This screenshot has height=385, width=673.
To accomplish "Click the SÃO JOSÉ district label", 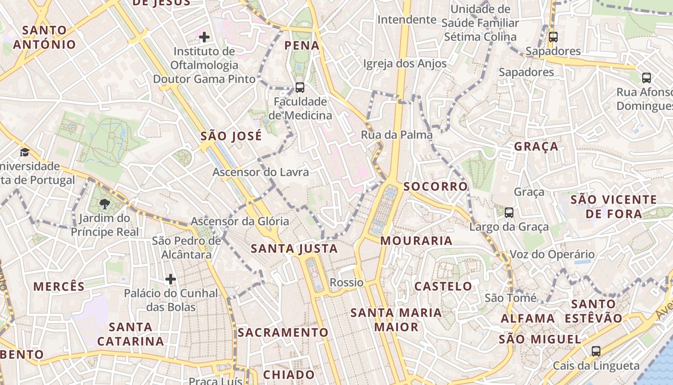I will pyautogui.click(x=231, y=136).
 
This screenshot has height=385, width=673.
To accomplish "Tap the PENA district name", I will pyautogui.click(x=302, y=46).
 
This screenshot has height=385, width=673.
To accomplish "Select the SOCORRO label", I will pyautogui.click(x=436, y=187).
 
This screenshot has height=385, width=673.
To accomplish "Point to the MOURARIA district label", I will pyautogui.click(x=416, y=241).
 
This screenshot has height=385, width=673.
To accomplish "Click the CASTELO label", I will pyautogui.click(x=443, y=286).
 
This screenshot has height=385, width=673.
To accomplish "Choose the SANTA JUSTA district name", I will pyautogui.click(x=294, y=249).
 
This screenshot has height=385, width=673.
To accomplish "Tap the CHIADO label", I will pyautogui.click(x=289, y=374).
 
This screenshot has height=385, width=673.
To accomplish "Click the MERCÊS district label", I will pyautogui.click(x=59, y=286).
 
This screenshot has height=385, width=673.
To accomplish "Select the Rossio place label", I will pyautogui.click(x=347, y=282).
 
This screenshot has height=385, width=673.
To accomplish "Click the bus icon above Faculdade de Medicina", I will pyautogui.click(x=300, y=88).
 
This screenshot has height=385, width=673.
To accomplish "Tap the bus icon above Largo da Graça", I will pyautogui.click(x=509, y=212).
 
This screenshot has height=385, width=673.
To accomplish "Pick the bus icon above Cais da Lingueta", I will pyautogui.click(x=596, y=351).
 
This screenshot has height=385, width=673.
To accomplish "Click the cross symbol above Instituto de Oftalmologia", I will pyautogui.click(x=204, y=37).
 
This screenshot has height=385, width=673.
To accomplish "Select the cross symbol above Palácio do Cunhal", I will pyautogui.click(x=171, y=279).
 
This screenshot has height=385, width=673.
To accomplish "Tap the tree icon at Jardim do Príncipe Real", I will pyautogui.click(x=104, y=204).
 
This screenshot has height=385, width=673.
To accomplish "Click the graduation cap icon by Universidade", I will pyautogui.click(x=24, y=153).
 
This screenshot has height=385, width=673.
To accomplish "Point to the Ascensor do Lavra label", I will pyautogui.click(x=261, y=172).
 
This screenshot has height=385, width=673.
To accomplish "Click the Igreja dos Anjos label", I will pyautogui.click(x=405, y=64).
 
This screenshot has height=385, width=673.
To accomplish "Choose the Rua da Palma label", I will pyautogui.click(x=397, y=135).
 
